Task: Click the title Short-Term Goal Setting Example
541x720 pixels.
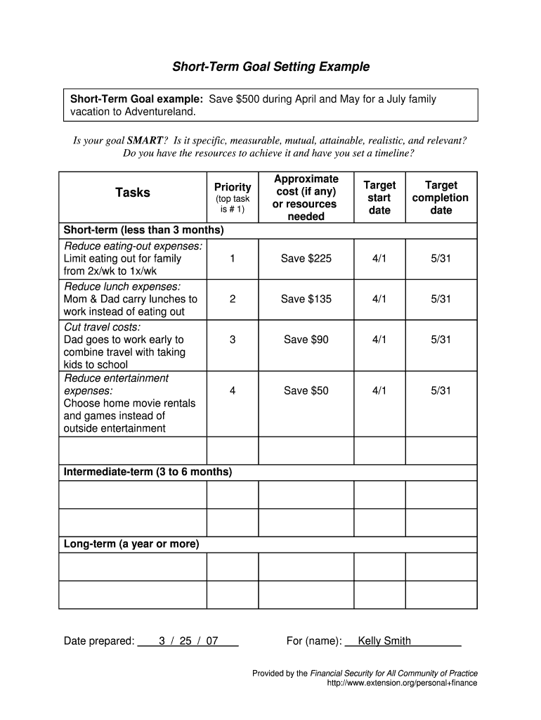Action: point(270,67)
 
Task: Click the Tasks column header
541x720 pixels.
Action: point(133,193)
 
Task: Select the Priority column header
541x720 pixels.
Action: point(233,187)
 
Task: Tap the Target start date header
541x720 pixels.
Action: point(379,198)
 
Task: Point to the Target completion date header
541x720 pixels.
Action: point(441,198)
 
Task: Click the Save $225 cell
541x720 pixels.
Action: point(306,259)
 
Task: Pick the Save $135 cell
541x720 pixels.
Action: point(306,299)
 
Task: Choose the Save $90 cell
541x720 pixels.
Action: point(306,340)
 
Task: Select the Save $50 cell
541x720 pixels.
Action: point(306,390)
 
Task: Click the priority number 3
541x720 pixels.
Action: point(233,340)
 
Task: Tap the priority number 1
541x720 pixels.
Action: point(233,259)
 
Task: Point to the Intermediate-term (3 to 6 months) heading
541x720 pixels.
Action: point(148,472)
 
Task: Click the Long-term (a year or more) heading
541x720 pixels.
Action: point(131,544)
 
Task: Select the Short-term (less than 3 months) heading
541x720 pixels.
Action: point(143,231)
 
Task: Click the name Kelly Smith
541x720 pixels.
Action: point(384,641)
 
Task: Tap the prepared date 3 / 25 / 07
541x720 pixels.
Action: point(188,641)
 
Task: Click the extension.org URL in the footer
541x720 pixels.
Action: point(402,683)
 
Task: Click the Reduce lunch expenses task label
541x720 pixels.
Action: point(122,286)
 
